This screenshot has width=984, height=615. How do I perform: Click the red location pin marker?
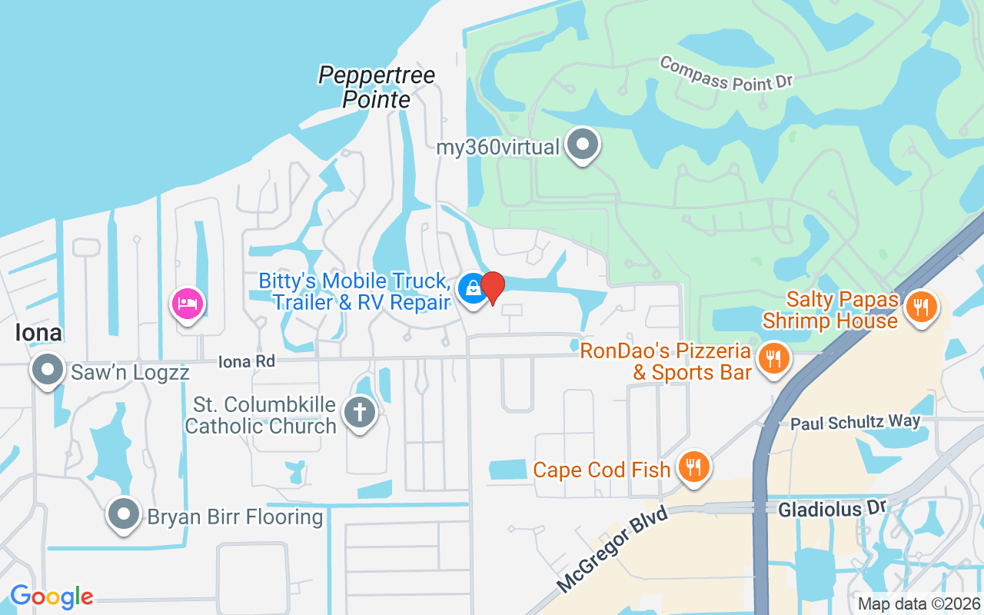coord(493,288)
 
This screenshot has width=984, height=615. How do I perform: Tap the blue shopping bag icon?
coord(471,289)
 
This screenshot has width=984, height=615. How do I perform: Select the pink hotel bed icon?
coord(188,304)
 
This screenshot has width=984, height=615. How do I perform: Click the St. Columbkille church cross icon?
coord(359,411)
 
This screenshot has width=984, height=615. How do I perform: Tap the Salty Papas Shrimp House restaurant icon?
coord(919,307)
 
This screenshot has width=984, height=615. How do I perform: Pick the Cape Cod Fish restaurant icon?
coord(693,466)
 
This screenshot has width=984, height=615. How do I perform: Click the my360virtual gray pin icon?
coord(582,144)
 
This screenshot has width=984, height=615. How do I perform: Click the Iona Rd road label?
coord(246,361)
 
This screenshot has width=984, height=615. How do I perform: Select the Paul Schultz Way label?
coord(855,422)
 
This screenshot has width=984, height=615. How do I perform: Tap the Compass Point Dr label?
coord(725,73)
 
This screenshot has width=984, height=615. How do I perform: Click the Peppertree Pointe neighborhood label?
coord(377,87)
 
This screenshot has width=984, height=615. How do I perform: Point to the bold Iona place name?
coord(38,332)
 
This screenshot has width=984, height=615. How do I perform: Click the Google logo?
coord(52,597)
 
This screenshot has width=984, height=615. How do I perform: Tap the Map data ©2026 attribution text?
coord(918,604)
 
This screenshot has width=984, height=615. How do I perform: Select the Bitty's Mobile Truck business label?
coord(354,291)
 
